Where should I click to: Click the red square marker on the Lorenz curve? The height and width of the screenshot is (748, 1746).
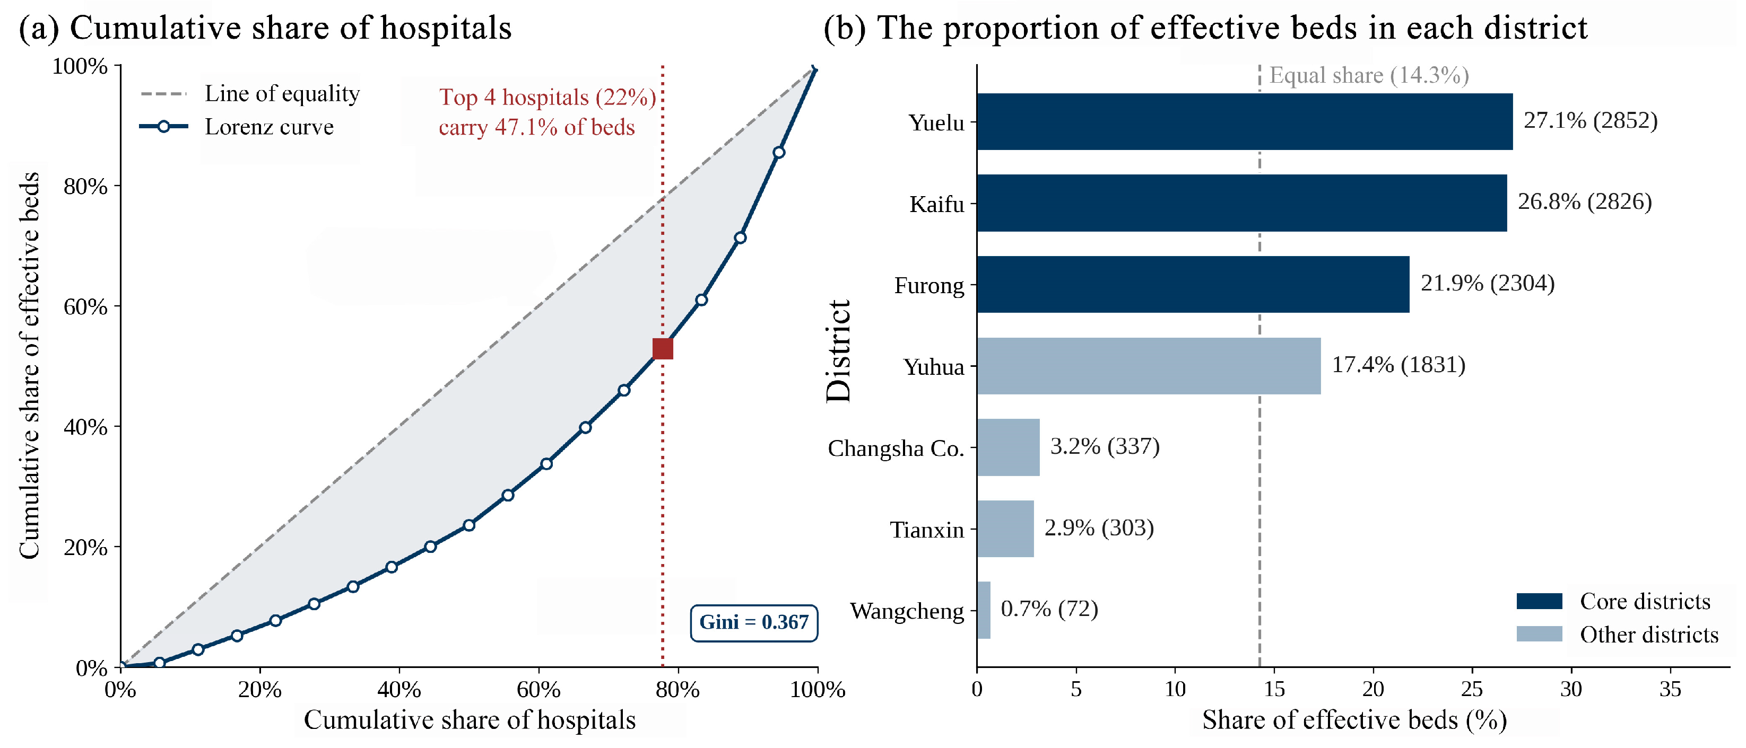point(662,349)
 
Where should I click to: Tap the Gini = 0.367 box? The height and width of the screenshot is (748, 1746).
point(754,622)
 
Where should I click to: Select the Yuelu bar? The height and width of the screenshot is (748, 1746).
point(1245,121)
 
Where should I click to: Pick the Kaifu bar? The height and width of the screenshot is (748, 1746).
point(1241,203)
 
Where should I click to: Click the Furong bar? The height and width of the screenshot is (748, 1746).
point(1193,284)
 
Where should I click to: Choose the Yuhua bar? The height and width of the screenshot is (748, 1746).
point(1149,366)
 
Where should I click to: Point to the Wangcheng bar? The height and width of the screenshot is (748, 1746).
point(984,610)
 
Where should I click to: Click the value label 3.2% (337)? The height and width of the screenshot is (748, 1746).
point(1105,446)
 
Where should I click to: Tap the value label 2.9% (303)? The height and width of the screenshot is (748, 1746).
point(1099,528)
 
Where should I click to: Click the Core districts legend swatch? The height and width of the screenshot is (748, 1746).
point(1539,601)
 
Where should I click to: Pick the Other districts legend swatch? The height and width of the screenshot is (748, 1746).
point(1539,633)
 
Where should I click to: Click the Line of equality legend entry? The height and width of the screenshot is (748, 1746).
point(250,93)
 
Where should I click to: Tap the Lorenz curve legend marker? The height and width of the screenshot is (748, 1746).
point(163,127)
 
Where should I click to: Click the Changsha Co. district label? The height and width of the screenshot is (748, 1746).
point(896,448)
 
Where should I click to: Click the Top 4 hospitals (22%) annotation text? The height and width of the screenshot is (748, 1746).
point(548,98)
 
